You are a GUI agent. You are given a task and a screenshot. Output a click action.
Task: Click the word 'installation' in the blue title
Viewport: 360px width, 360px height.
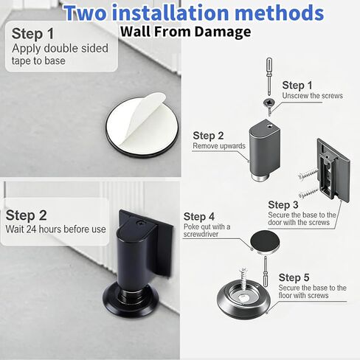coord(170,13)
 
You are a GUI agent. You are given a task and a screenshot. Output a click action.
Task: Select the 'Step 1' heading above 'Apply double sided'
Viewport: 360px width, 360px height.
coord(32,33)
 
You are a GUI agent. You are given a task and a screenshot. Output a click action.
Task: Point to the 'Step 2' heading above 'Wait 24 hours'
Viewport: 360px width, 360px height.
coord(26,215)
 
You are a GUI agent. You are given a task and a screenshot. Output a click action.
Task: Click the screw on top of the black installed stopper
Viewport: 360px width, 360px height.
coord(141,223)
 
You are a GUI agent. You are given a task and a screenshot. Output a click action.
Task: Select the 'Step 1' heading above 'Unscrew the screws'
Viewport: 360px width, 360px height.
coord(297,86)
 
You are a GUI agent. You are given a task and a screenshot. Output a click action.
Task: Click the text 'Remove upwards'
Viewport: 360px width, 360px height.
coord(219,146)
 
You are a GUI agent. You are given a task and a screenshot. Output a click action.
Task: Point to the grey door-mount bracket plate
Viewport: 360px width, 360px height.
coord(333,170)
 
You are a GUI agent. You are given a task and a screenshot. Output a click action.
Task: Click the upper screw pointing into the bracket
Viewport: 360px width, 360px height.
coord(308,173)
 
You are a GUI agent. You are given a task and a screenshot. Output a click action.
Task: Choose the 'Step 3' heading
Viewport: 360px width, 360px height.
coord(283,205)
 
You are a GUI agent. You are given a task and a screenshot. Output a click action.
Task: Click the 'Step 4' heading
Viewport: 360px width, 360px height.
coord(199,217)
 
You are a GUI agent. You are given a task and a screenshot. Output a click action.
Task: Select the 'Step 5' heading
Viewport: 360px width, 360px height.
coord(294,277)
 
